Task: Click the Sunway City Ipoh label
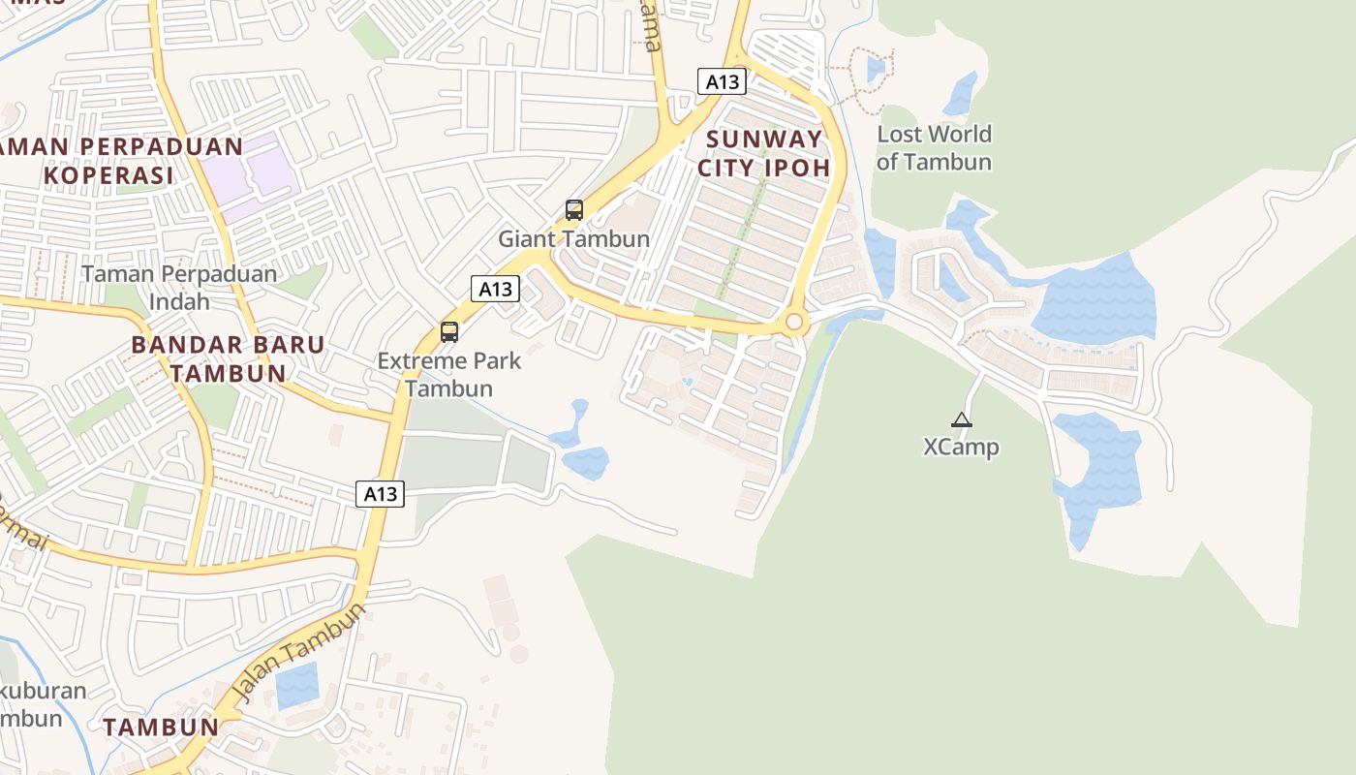[x=765, y=153]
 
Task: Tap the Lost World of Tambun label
[x=934, y=148]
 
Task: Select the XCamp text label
[x=961, y=447]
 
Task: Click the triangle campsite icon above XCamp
[x=961, y=419]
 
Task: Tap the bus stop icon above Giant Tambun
[x=574, y=210]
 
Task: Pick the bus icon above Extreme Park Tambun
[x=449, y=332]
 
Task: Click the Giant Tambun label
[x=573, y=238]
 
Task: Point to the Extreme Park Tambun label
[x=449, y=375]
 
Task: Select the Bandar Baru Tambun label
[x=228, y=358]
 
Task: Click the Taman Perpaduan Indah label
[x=179, y=288]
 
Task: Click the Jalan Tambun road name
[x=301, y=652]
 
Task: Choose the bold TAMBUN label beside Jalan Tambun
[x=161, y=727]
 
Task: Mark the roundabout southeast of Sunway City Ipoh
[x=795, y=322]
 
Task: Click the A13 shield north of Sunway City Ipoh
[x=722, y=81]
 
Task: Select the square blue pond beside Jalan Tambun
[x=296, y=686]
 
